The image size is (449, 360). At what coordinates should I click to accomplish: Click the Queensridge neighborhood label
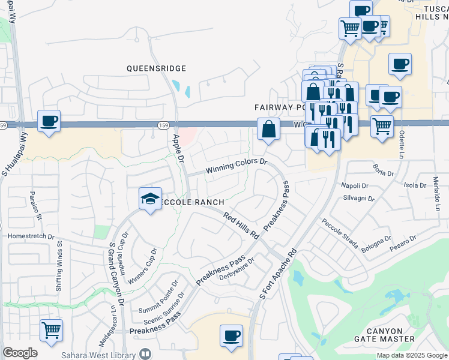coord(156,68)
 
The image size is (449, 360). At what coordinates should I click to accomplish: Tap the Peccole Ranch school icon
coord(149,199)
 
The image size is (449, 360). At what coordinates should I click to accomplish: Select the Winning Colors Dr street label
coord(236,166)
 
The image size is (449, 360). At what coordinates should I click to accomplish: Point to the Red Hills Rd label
coord(241,225)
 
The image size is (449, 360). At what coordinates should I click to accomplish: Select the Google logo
coord(20,353)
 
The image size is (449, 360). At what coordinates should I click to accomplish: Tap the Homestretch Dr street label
coord(31,236)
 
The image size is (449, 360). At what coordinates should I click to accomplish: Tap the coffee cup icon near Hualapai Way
coord(49,121)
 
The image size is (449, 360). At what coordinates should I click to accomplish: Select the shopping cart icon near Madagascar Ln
coord(52,329)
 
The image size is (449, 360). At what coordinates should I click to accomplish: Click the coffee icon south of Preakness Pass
coord(231,335)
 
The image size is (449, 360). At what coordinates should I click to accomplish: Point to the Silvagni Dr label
coord(358,198)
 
